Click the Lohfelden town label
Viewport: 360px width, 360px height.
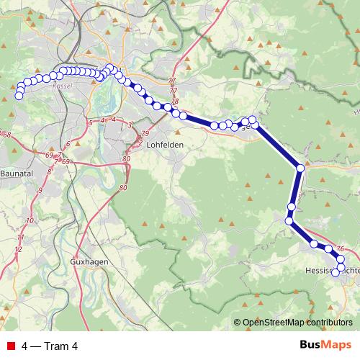(x=165, y=145)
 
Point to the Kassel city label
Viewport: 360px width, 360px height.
(x=63, y=84)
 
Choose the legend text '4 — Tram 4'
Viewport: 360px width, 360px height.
(x=50, y=346)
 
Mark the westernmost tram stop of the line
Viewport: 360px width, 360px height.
(x=19, y=96)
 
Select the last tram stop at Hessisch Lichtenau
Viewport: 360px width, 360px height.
(x=335, y=273)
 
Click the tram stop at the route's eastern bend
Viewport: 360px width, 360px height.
(x=300, y=168)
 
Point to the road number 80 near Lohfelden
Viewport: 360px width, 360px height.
(x=126, y=158)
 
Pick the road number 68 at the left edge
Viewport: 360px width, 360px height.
(x=7, y=135)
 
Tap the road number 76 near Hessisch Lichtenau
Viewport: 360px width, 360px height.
(x=340, y=247)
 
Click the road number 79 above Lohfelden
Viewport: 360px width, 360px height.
(x=144, y=134)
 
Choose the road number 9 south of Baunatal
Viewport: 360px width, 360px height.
(x=40, y=190)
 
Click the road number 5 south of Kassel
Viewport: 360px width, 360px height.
(x=90, y=123)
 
